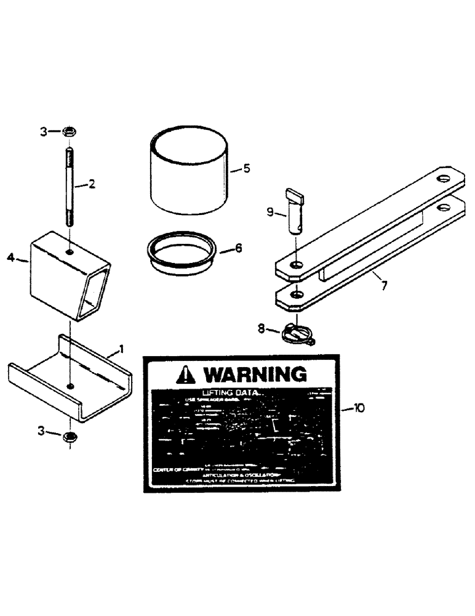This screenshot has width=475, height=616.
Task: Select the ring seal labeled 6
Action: click(x=182, y=254)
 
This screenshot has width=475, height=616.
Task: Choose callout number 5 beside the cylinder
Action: click(x=247, y=168)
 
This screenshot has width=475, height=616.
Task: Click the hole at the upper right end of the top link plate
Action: click(x=442, y=179)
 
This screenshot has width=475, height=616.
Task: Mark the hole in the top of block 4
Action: click(x=71, y=251)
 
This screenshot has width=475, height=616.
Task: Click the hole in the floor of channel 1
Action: click(x=71, y=387)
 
